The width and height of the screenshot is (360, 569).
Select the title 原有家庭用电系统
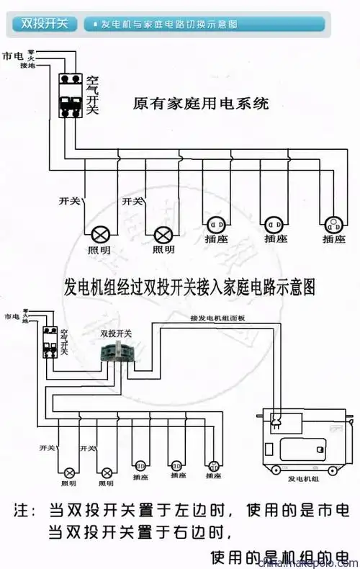201,104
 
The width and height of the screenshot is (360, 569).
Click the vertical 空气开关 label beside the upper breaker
92,95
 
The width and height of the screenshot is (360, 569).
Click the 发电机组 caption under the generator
302,478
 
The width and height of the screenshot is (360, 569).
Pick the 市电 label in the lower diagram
11,317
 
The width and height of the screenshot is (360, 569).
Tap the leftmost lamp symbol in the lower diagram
71,472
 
